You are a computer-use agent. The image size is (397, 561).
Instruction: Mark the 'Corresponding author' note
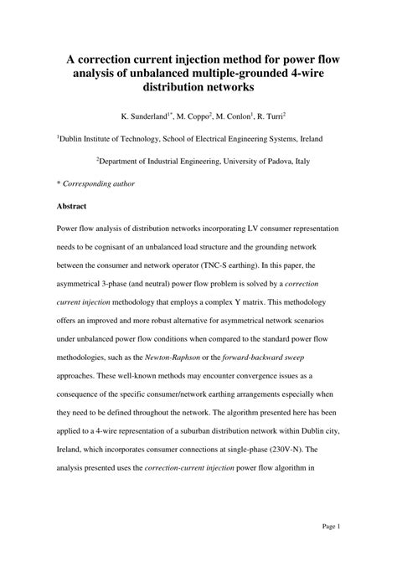[x=99, y=183]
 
